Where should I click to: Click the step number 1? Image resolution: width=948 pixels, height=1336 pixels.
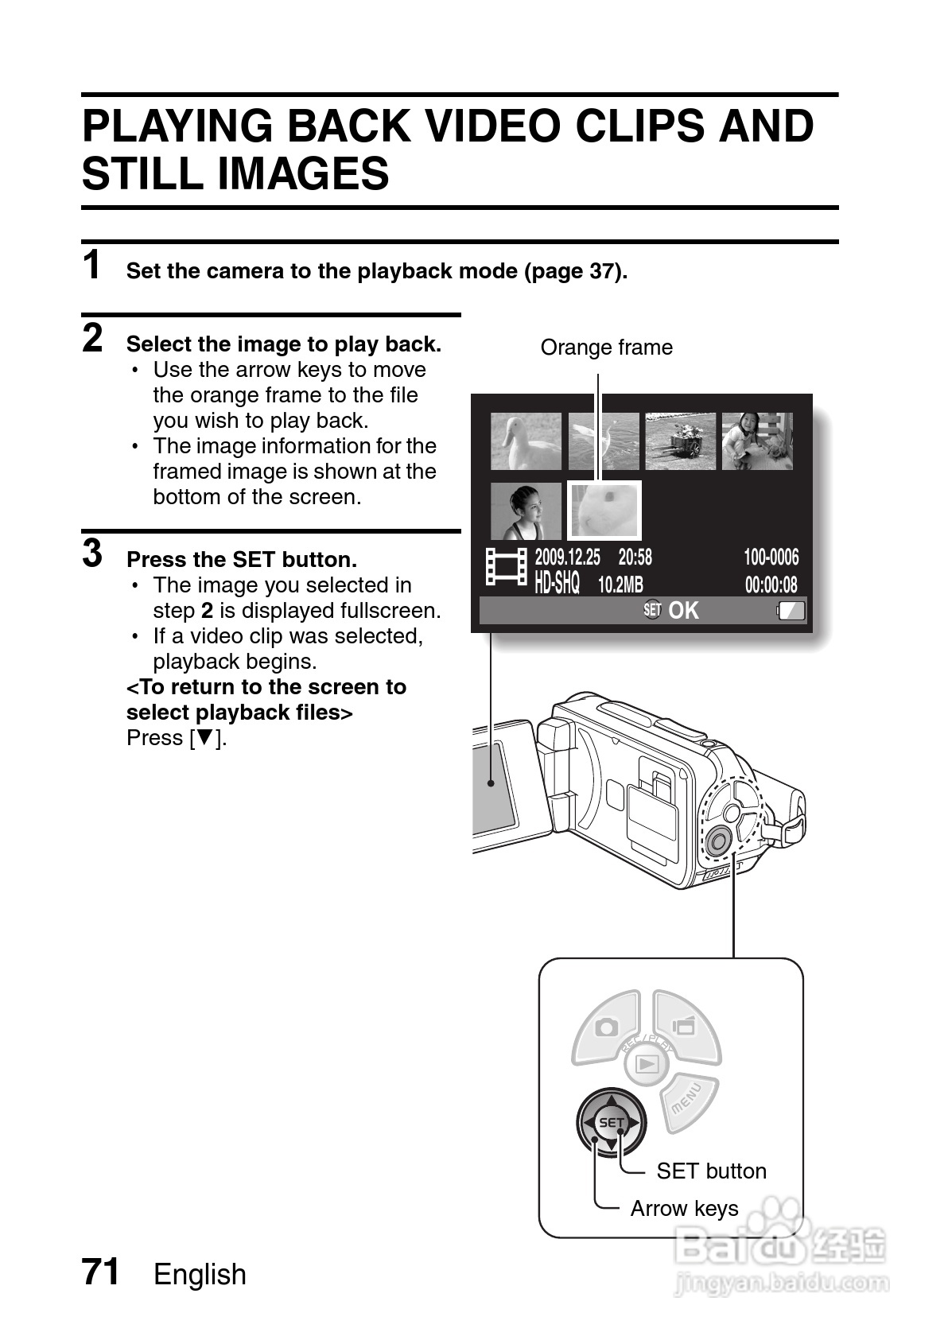pos(93,265)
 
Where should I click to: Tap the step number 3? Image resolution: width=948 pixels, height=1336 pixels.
pos(93,553)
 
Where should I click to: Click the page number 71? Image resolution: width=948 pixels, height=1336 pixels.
pos(101,1272)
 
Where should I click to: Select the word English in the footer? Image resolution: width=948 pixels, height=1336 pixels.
pos(200,1274)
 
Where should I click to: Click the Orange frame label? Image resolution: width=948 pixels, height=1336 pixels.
pos(606,348)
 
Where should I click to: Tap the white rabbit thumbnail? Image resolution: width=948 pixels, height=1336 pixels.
pos(604,511)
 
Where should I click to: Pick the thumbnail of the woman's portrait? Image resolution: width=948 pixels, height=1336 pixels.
pos(526,511)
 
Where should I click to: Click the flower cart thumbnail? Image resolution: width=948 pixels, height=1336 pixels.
pos(680,441)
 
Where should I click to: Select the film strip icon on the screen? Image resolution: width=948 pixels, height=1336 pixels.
pos(507,568)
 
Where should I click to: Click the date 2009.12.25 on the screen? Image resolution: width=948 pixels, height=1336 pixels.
pos(567,557)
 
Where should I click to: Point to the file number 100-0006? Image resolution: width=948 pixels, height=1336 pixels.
pos(771,557)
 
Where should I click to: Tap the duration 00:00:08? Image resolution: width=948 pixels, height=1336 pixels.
pos(771,585)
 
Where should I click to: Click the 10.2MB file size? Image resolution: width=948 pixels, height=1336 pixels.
pos(620,585)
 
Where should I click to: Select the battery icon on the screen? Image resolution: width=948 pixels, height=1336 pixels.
pos(791,611)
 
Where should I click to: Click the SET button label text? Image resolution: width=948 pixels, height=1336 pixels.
pos(711,1171)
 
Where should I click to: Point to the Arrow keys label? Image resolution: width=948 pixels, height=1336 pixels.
pos(684,1208)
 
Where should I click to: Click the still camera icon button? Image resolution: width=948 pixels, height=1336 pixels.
pos(608,1027)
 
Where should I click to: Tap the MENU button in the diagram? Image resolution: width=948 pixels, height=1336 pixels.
pos(687,1099)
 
